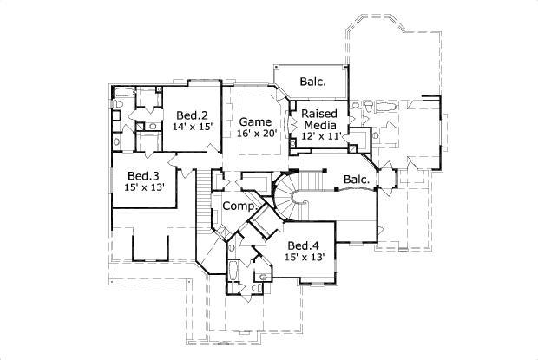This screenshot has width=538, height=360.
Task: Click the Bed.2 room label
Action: [x=192, y=115]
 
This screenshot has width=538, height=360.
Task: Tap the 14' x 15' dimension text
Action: [x=193, y=128]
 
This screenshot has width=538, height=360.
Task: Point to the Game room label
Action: [x=256, y=121]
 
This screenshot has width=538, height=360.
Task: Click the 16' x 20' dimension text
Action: [x=256, y=134]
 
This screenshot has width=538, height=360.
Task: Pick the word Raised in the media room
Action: [x=319, y=112]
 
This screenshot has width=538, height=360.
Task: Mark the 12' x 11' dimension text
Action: [x=320, y=136]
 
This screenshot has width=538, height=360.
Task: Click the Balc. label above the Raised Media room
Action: [x=312, y=82]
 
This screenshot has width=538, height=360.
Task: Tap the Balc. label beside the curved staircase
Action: [x=356, y=180]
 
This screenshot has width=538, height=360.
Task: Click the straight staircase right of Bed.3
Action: [x=205, y=200]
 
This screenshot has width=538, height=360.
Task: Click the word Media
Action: [x=319, y=124]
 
